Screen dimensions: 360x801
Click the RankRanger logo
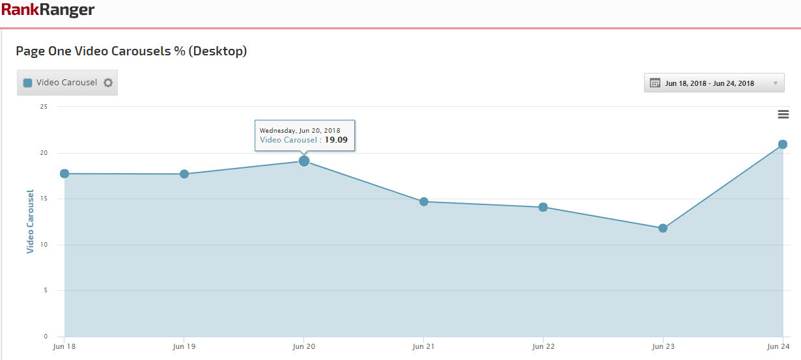coord(48,10)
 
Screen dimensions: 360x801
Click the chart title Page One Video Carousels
coord(131,51)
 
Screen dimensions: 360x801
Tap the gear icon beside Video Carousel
coord(108,83)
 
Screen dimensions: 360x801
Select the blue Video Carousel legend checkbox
coord(28,83)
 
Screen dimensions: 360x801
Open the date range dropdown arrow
coord(775,83)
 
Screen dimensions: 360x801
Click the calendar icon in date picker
coord(655,83)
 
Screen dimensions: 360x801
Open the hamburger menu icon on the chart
coord(783,115)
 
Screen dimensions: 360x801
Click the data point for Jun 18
coord(64,174)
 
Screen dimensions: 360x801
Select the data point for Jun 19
coord(184,174)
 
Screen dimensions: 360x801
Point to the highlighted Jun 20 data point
coord(304,161)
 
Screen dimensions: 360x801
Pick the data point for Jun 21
coord(424,202)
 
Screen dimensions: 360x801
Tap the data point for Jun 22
coord(543,207)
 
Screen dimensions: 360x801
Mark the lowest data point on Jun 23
coord(663,228)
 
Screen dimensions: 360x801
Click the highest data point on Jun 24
coord(783,145)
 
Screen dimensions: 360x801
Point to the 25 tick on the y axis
coord(44,107)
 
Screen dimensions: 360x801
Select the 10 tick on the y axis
coord(44,245)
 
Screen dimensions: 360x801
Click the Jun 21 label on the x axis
coord(423,347)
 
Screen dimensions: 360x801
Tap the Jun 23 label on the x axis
coord(663,347)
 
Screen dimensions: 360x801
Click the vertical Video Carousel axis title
coord(30,221)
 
